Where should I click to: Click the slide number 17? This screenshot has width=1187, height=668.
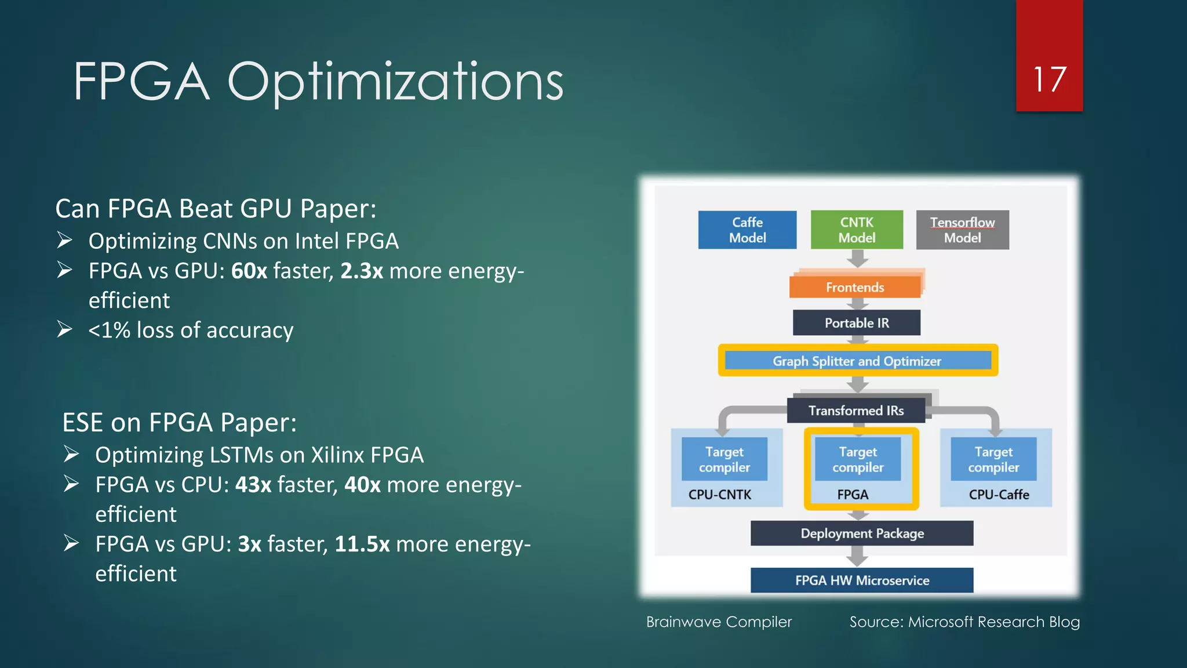pos(1049,79)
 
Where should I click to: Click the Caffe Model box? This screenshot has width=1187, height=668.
pos(747,230)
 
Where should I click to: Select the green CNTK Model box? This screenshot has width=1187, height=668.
pos(857,230)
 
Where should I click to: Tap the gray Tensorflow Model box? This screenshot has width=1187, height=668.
pos(962,230)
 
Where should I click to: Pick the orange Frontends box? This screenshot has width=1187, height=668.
pos(855,287)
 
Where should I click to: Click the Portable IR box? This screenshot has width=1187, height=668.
pos(857,323)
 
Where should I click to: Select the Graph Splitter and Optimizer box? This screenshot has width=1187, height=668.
pos(857,361)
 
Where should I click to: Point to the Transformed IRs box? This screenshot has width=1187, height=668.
pos(856,411)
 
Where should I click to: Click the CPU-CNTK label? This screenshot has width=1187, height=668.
pos(719,495)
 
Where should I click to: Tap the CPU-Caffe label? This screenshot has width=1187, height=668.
pos(999,495)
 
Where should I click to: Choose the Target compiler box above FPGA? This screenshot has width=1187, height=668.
pos(858,459)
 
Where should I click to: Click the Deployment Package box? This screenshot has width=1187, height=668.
pos(862,533)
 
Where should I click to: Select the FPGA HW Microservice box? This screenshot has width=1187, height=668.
pos(862,580)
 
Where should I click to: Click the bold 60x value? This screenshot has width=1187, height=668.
pos(249,271)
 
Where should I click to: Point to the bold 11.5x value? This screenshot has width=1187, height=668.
pos(362,544)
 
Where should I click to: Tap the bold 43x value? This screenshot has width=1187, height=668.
pos(253,485)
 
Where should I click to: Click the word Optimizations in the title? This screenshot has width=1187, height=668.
pos(395,82)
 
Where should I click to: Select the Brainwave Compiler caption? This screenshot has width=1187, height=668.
pos(719,622)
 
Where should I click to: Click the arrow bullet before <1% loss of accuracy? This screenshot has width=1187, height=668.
pos(65,329)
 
